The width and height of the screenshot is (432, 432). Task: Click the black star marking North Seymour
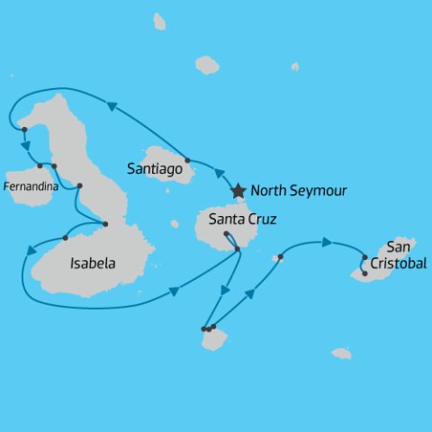(238, 191)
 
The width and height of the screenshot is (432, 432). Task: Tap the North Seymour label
(298, 191)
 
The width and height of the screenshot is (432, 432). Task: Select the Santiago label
(157, 167)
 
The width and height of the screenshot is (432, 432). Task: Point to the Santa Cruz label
(242, 219)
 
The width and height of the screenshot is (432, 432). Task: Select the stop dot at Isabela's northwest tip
(24, 130)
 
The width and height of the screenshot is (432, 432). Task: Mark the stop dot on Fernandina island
(40, 166)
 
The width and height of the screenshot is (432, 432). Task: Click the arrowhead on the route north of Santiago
(112, 106)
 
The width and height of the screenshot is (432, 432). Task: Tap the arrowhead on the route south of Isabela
(174, 292)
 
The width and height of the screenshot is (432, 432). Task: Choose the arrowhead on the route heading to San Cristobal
(328, 241)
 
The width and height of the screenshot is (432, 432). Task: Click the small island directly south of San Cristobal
(341, 354)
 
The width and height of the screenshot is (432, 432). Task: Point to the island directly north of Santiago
(207, 65)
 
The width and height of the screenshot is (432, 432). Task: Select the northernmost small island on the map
(159, 21)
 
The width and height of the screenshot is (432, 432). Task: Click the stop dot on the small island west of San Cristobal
(281, 257)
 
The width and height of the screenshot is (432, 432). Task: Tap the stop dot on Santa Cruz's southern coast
(237, 249)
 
